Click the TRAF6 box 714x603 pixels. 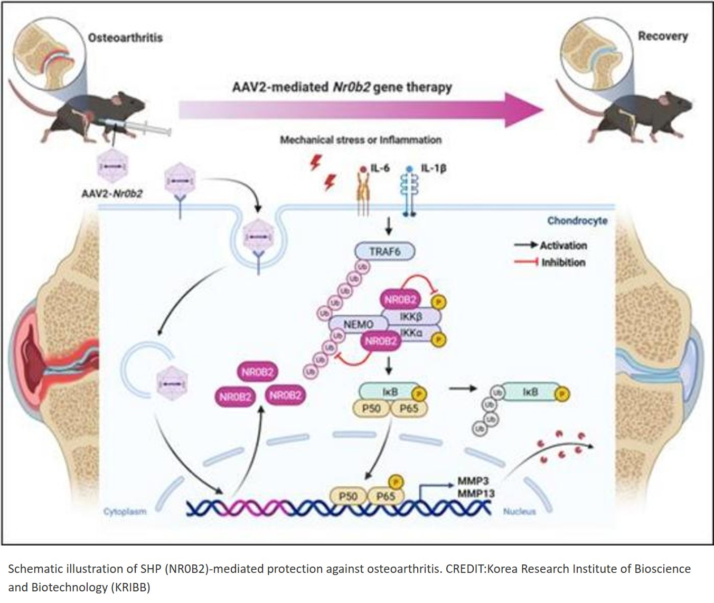[384, 251]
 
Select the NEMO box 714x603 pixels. [359, 324]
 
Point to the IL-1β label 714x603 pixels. [433, 169]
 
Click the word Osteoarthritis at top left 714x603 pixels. [125, 37]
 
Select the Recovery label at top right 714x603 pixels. [663, 36]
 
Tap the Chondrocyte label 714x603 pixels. [577, 220]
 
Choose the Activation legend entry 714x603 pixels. [563, 245]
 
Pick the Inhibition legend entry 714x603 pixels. [563, 262]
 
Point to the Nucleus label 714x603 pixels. [519, 511]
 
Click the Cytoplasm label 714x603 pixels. [125, 511]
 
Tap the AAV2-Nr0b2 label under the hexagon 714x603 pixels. [111, 193]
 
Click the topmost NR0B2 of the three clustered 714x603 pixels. [258, 372]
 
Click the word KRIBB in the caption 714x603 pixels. [130, 587]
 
